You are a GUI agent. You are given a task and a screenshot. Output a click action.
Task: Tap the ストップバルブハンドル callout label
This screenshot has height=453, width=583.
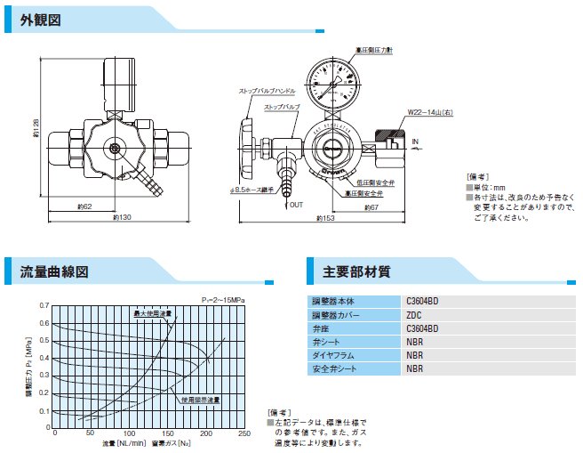click(x=267, y=91)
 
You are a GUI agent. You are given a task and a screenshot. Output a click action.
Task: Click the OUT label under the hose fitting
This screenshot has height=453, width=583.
click(x=297, y=204)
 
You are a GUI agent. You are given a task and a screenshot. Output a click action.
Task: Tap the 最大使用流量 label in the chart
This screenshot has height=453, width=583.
click(x=152, y=313)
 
